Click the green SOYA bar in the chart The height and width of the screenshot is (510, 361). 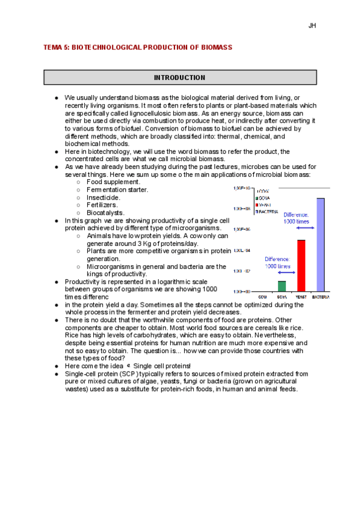coord(282,286)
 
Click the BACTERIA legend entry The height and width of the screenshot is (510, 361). coord(268,212)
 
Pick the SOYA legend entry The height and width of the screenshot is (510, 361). coord(264,198)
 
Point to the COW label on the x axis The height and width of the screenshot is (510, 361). coord(263,296)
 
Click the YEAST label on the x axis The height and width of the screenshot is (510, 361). coord(301,296)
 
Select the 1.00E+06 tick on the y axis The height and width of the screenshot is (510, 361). coord(242,229)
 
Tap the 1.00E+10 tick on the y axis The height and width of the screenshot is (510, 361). coord(242,188)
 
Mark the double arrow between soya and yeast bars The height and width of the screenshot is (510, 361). coord(277,273)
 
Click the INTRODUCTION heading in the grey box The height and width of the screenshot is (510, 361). coord(179,78)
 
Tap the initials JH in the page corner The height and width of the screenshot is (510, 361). coord(312,26)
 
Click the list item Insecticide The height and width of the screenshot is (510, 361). coord(103,197)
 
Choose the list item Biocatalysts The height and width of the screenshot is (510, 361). coord(106,213)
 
